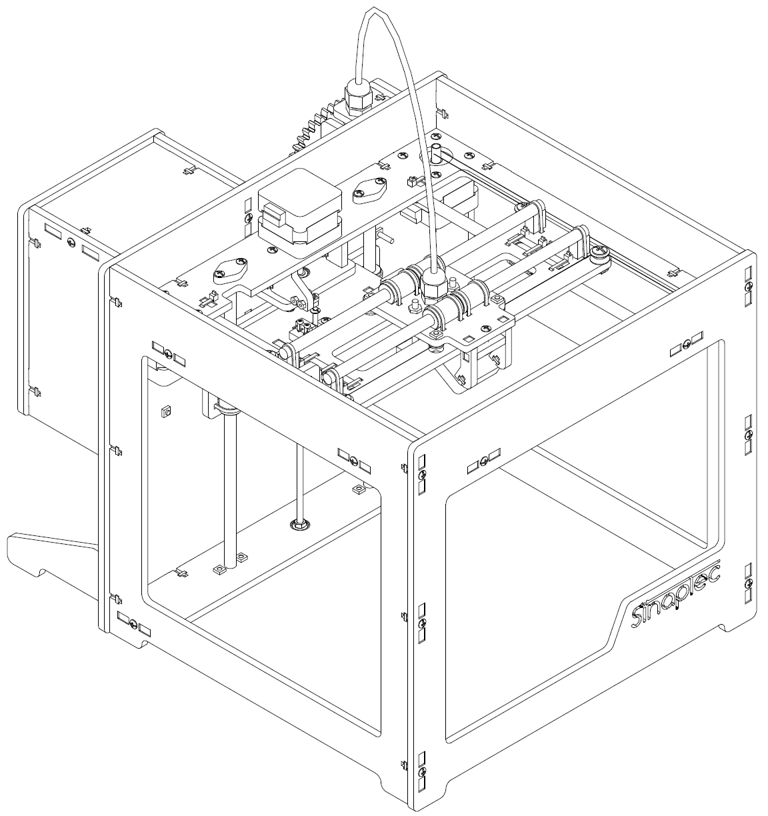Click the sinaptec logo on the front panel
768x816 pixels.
point(675,595)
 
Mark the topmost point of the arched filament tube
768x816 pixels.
point(373,8)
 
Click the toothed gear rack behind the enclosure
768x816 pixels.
point(317,127)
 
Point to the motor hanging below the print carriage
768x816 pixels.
point(489,361)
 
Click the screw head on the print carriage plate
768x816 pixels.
point(486,327)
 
